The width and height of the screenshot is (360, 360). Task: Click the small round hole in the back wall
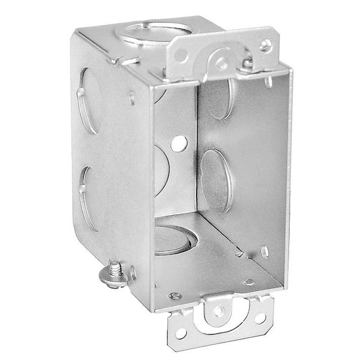(x=180, y=143)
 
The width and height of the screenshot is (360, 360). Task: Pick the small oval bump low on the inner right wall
(x=265, y=247)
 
